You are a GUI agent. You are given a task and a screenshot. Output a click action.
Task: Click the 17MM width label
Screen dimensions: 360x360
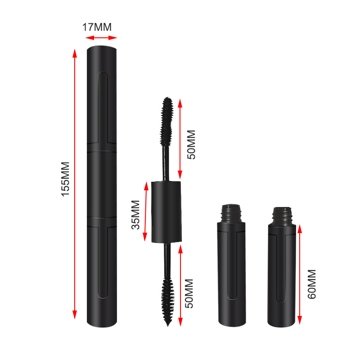(x=96, y=27)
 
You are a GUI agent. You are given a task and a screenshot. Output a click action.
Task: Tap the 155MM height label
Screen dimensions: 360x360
(x=66, y=179)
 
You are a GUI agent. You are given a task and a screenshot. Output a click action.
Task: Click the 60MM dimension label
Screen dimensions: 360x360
(x=311, y=284)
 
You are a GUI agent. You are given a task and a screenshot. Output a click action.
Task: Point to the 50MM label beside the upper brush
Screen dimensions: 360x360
(x=191, y=144)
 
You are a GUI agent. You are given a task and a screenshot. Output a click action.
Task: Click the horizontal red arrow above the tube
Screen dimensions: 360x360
(x=101, y=38)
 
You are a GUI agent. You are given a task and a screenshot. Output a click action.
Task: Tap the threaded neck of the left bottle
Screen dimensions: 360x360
(x=231, y=212)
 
